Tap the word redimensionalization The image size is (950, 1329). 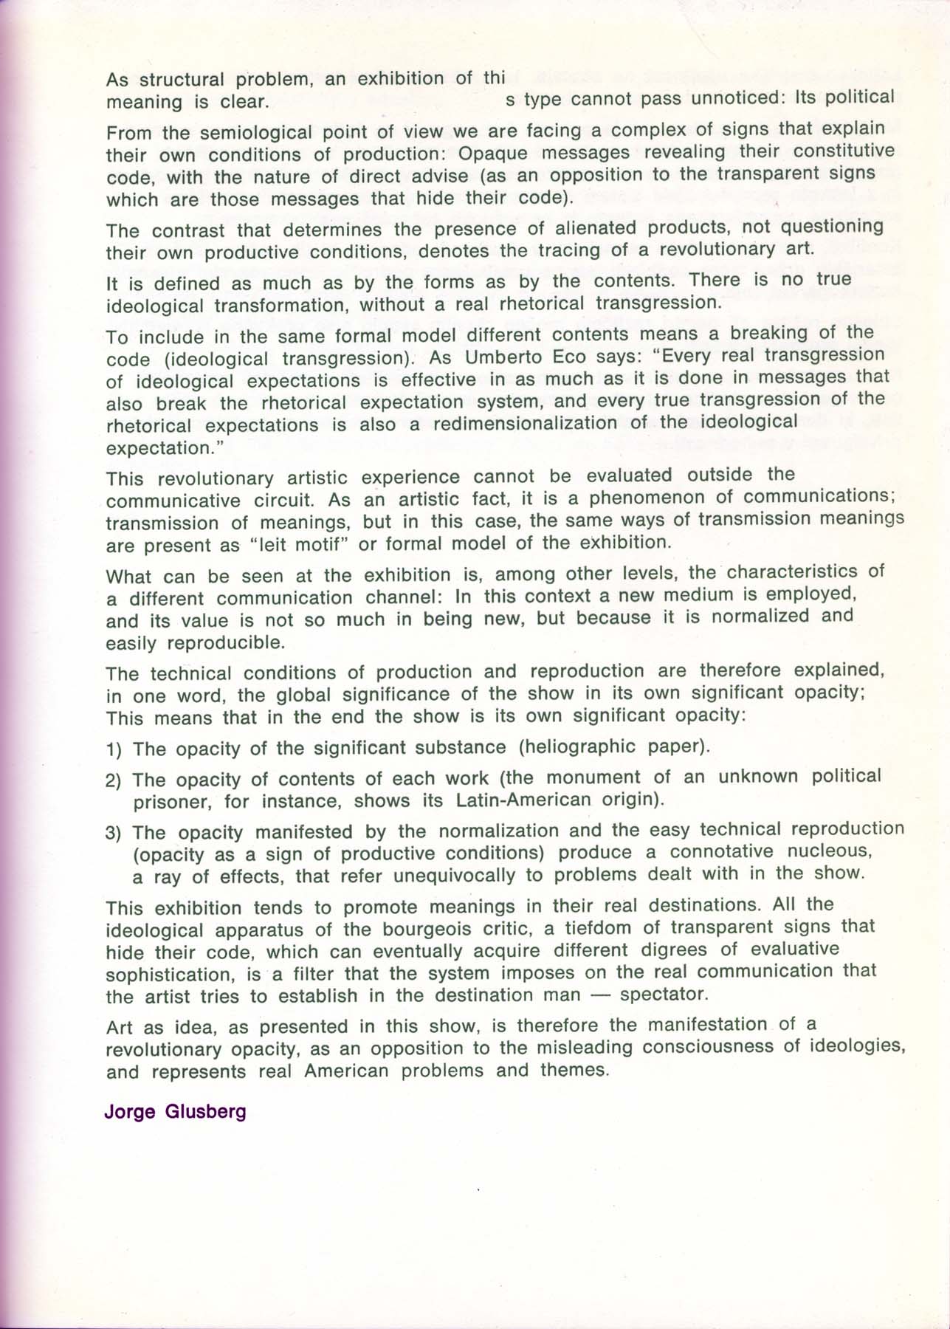[543, 424]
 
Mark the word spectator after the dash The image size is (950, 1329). [664, 994]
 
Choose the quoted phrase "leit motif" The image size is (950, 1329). [299, 545]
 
